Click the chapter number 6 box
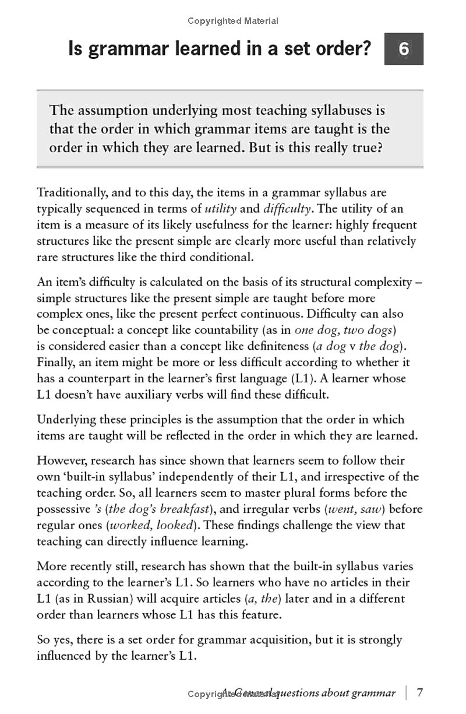(x=404, y=49)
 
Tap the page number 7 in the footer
(x=419, y=692)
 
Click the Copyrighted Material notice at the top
(x=233, y=21)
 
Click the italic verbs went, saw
(x=354, y=509)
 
